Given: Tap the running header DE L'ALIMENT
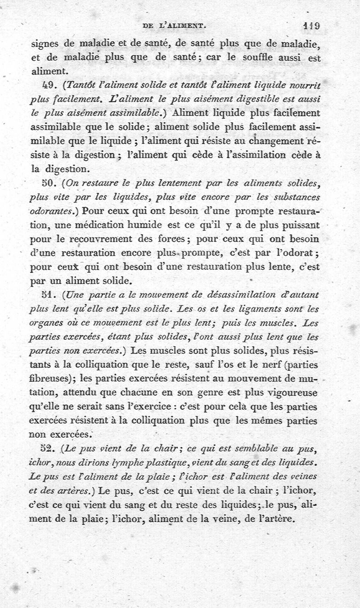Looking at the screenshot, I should (174, 27).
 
